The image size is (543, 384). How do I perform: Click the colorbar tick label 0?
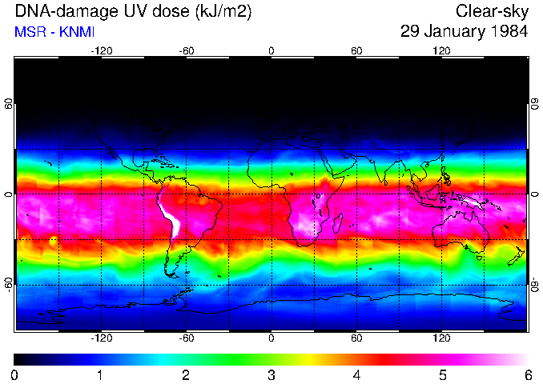click(14, 374)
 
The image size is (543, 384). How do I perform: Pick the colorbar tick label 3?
click(271, 374)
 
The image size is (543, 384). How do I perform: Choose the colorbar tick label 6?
click(526, 374)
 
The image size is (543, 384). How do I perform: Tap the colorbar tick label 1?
click(100, 374)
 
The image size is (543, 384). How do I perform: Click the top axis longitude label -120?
click(101, 50)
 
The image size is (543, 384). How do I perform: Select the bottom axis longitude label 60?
click(356, 338)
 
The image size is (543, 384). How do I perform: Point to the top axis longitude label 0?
click(271, 50)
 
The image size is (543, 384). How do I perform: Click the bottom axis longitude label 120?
click(442, 338)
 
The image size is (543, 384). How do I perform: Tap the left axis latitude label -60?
click(8, 285)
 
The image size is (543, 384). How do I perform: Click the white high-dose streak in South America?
click(172, 217)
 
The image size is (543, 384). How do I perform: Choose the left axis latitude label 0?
click(8, 194)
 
